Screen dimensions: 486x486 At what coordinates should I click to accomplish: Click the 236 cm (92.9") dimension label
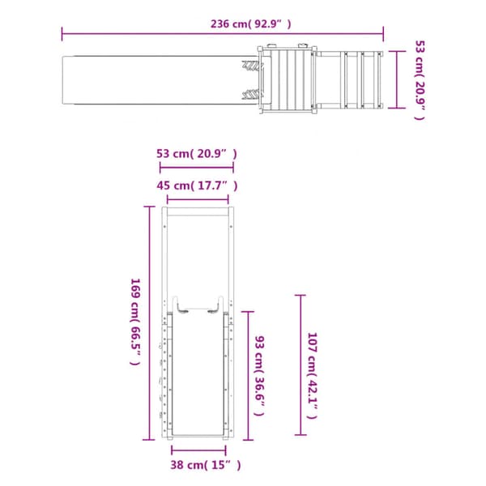(251, 23)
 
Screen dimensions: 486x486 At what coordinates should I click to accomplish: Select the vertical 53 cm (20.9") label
(420, 80)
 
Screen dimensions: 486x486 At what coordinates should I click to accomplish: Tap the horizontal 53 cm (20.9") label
(197, 154)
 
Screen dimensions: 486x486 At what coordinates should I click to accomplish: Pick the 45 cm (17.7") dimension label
(197, 185)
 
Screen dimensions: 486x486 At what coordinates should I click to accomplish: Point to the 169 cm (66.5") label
(135, 322)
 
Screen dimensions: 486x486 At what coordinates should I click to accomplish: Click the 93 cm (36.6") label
(259, 376)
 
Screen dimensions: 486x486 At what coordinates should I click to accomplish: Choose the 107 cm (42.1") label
(312, 376)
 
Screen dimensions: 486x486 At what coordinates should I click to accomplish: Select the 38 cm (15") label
(206, 465)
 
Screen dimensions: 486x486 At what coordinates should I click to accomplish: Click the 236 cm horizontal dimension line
(223, 33)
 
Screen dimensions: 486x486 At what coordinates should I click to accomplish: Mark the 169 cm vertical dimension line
(150, 323)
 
